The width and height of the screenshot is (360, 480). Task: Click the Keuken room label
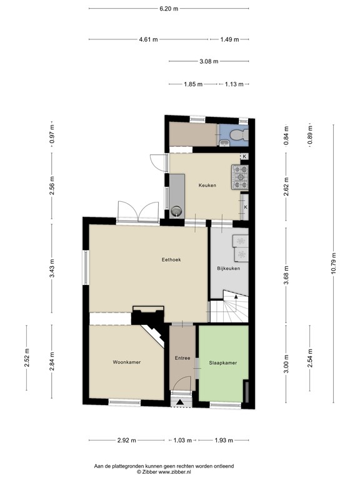(207, 185)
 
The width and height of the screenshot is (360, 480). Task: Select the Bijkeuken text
(228, 269)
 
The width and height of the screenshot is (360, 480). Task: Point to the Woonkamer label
(126, 362)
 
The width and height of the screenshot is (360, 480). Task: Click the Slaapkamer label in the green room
(223, 362)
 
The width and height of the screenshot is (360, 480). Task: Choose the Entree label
(183, 358)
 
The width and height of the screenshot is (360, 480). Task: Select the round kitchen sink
(177, 211)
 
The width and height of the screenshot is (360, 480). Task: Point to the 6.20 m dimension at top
(168, 9)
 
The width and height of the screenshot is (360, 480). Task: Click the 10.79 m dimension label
(334, 262)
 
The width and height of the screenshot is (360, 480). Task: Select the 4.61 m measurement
(148, 39)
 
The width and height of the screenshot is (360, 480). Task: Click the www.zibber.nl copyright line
(164, 471)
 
